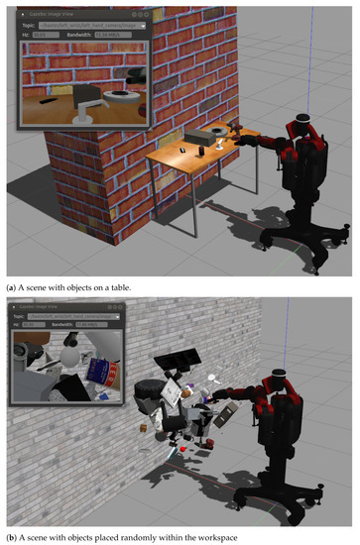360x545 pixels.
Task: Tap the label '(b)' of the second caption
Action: click(x=12, y=536)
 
